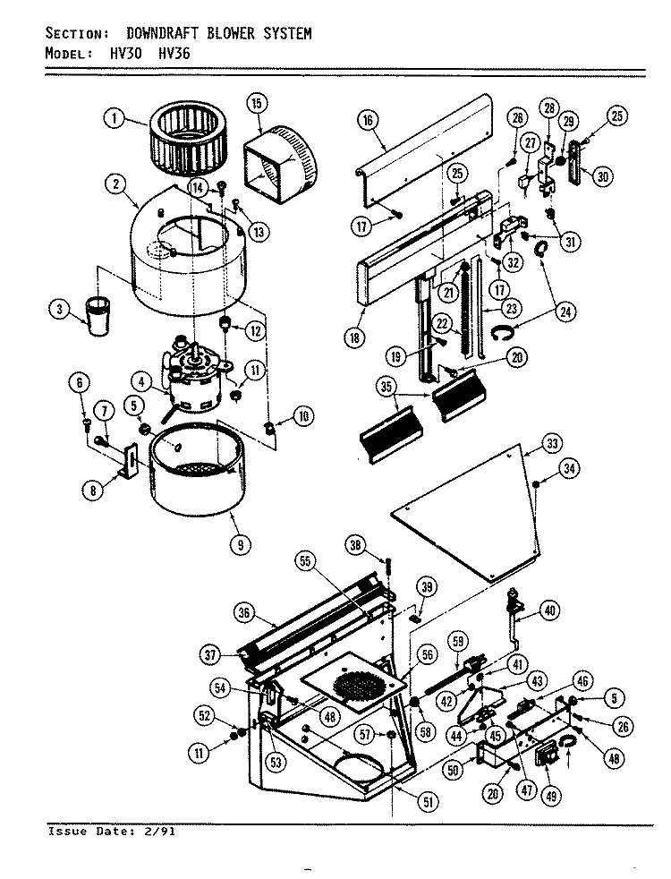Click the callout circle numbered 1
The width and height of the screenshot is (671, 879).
[115, 118]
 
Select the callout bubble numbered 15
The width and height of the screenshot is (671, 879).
[257, 103]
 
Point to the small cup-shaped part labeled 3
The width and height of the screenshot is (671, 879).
[98, 317]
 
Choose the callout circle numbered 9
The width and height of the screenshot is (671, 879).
[241, 544]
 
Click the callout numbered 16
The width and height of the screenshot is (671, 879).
[368, 120]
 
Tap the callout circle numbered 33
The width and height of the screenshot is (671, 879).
[552, 444]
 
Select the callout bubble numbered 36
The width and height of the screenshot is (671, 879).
[243, 613]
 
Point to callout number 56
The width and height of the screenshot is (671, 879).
[428, 655]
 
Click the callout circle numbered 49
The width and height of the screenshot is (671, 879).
[552, 795]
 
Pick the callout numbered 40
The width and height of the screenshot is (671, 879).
[549, 610]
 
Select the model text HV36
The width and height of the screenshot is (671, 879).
[174, 53]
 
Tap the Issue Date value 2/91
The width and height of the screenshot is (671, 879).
[159, 832]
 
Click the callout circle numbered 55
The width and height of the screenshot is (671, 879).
[305, 562]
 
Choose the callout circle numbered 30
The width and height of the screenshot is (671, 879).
[602, 177]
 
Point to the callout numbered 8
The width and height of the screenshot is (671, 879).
[92, 491]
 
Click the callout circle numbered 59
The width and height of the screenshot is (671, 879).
[458, 642]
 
